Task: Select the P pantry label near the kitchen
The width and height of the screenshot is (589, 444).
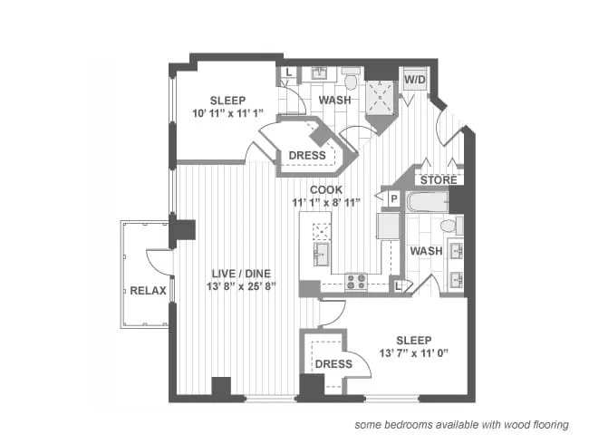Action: coord(394,198)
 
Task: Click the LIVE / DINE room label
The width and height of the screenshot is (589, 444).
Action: coord(241,273)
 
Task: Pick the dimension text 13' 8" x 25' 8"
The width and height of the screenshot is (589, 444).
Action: coord(241,287)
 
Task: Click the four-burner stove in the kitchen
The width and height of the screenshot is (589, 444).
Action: coord(355,281)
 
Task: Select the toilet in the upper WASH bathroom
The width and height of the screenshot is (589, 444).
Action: coord(351,74)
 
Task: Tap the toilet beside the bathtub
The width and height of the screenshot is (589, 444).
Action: coord(448,226)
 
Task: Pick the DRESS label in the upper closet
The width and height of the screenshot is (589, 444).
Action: coord(306,155)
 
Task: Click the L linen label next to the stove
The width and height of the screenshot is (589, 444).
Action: coord(398,285)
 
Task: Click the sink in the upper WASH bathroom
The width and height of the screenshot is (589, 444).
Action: coord(320,74)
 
